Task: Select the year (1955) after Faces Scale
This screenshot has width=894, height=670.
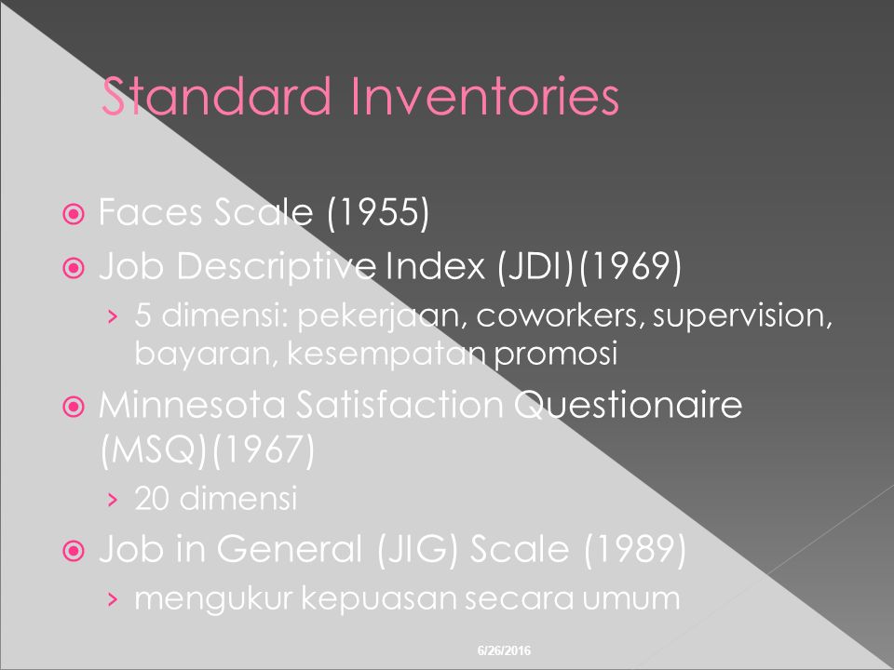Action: [378, 212]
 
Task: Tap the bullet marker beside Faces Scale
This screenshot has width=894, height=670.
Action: [74, 214]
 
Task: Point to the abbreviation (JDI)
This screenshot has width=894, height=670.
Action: [535, 266]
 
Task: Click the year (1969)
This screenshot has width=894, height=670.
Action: [630, 266]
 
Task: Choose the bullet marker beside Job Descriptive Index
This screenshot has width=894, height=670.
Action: [74, 267]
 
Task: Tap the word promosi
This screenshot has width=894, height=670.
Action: [556, 355]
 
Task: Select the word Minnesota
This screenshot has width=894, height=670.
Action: [192, 405]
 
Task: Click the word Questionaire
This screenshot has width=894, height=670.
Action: [629, 406]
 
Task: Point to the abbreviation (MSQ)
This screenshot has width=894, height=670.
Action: [153, 450]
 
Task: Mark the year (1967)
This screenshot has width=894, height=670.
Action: [263, 450]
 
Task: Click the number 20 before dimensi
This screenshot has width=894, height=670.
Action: [151, 498]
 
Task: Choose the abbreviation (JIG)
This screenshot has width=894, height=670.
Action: [417, 549]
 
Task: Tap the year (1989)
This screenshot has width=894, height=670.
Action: [635, 549]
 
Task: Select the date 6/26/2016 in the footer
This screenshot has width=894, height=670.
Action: [504, 650]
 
